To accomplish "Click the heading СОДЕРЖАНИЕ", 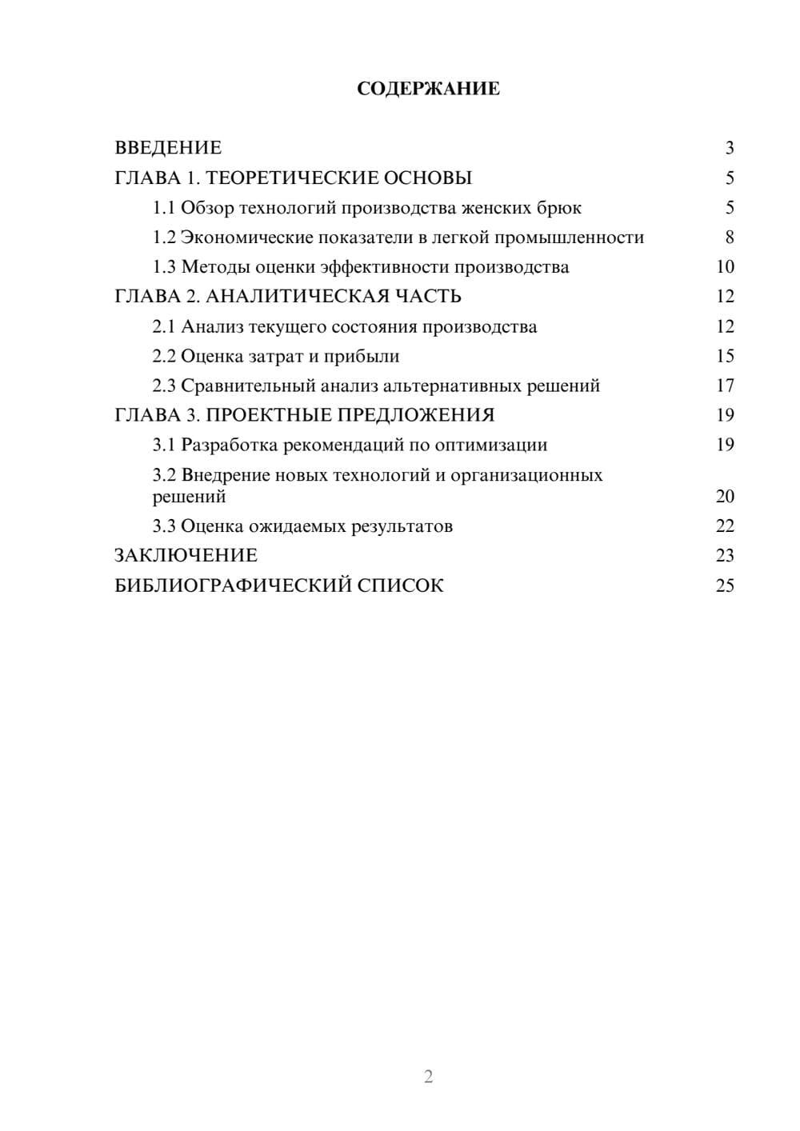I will point(428,89).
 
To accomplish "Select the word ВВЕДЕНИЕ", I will point(168,148).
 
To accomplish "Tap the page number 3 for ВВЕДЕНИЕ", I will point(729,148).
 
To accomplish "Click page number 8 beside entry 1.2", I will point(729,238).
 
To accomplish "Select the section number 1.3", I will point(164,267).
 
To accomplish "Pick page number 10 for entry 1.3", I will point(725,267).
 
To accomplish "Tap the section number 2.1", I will point(164,326).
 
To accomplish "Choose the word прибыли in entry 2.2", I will point(362,356).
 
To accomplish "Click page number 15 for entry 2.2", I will point(725,356).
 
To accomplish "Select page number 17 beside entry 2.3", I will point(725,386).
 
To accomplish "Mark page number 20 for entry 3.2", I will point(725,496).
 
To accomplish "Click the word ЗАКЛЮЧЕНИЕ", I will point(186,555).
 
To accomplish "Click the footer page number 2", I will point(428,1077).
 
